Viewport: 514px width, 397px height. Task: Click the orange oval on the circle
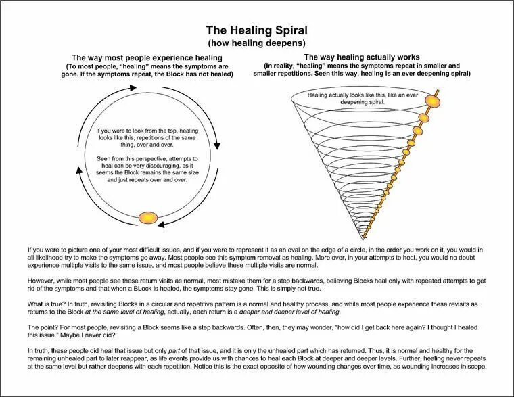[x=147, y=217]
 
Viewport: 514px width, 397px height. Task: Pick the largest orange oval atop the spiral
[x=434, y=101]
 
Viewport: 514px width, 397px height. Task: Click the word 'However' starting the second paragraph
[x=41, y=278]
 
